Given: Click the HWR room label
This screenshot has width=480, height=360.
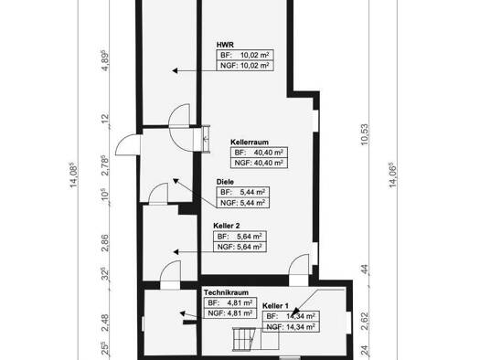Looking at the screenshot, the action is (x=225, y=45).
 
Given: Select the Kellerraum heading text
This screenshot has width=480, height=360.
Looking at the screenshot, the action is (x=250, y=142).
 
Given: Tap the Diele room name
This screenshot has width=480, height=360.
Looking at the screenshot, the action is (x=225, y=182).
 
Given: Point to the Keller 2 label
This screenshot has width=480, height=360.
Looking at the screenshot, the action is (x=227, y=226).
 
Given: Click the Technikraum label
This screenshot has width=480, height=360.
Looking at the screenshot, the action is (x=226, y=292).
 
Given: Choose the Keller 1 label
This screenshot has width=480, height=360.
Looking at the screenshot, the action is (x=275, y=306).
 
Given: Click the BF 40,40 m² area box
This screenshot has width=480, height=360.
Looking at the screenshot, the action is (x=259, y=153).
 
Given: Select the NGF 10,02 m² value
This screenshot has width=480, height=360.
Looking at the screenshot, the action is (x=245, y=66).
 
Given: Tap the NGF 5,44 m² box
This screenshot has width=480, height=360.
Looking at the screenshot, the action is (x=243, y=203).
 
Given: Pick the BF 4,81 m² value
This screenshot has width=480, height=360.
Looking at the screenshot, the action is (x=230, y=302).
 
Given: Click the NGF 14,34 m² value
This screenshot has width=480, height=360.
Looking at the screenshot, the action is (x=291, y=327).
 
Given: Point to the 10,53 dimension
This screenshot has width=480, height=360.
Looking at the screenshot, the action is (x=365, y=134).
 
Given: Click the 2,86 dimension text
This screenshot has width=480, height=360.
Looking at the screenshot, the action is (x=105, y=243).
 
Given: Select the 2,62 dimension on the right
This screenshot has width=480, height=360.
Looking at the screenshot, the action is (x=365, y=321).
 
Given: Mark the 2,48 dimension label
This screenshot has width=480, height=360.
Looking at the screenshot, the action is (x=105, y=323).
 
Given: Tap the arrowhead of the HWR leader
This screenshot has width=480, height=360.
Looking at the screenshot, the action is (x=175, y=70).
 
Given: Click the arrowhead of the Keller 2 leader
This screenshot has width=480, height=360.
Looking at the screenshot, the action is (x=176, y=252).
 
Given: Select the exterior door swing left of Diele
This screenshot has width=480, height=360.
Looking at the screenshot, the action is (x=128, y=144).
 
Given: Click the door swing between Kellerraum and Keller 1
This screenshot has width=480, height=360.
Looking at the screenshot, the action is (x=299, y=265).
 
